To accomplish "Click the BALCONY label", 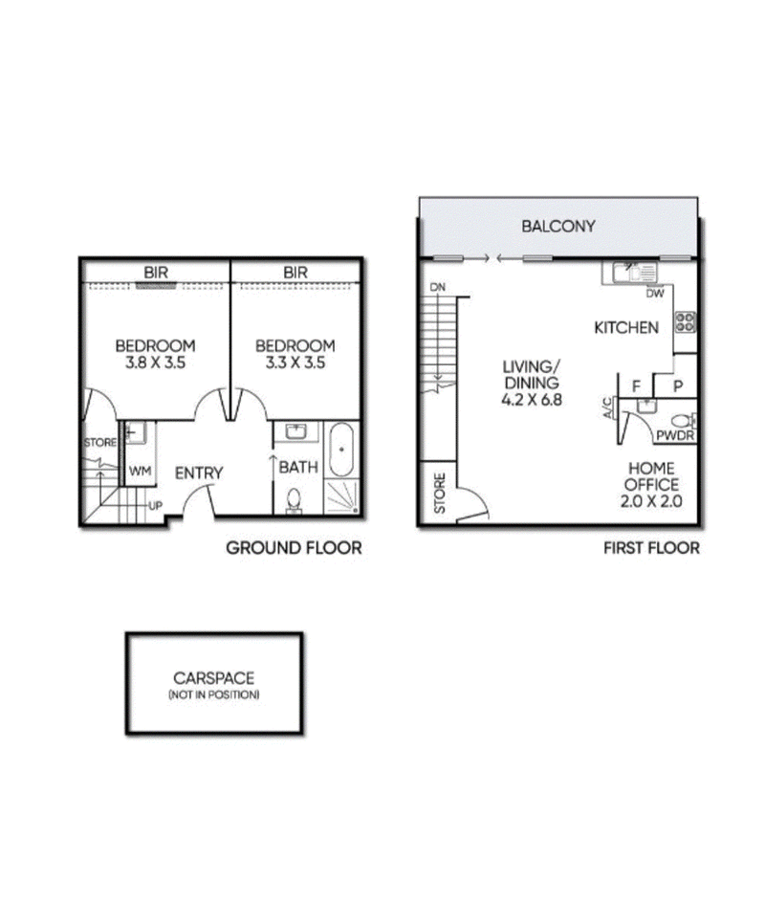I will tap(558, 227).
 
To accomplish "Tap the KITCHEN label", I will tap(626, 328).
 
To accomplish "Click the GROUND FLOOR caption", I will tap(294, 548).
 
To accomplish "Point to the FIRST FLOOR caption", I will tap(651, 548).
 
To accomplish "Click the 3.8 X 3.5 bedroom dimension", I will tap(155, 363).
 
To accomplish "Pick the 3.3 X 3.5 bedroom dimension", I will tap(295, 363).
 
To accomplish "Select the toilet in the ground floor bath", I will tap(295, 500).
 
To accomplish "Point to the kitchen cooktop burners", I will tap(685, 321).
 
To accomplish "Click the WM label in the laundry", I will tap(140, 471).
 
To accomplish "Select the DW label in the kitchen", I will tap(655, 294).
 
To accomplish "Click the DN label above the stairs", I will tap(438, 287).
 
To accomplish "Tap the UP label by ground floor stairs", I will tap(153, 504).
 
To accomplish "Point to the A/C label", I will tap(607, 409).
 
